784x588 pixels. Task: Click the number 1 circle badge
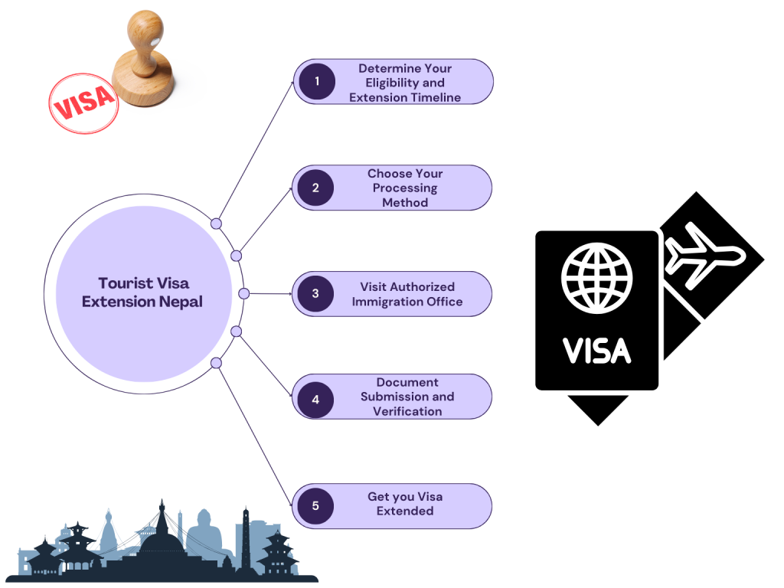[316, 82]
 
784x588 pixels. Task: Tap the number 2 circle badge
[315, 188]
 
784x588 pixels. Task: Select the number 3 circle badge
[315, 293]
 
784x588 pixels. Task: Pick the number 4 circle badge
[315, 400]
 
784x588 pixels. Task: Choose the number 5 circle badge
[315, 505]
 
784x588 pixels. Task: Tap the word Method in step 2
[405, 202]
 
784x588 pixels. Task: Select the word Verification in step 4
[407, 411]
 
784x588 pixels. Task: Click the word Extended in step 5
[405, 511]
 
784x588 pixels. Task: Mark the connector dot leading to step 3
[243, 293]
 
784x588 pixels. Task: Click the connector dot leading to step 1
[216, 224]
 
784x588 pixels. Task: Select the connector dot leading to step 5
[216, 363]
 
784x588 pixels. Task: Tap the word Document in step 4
[407, 382]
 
